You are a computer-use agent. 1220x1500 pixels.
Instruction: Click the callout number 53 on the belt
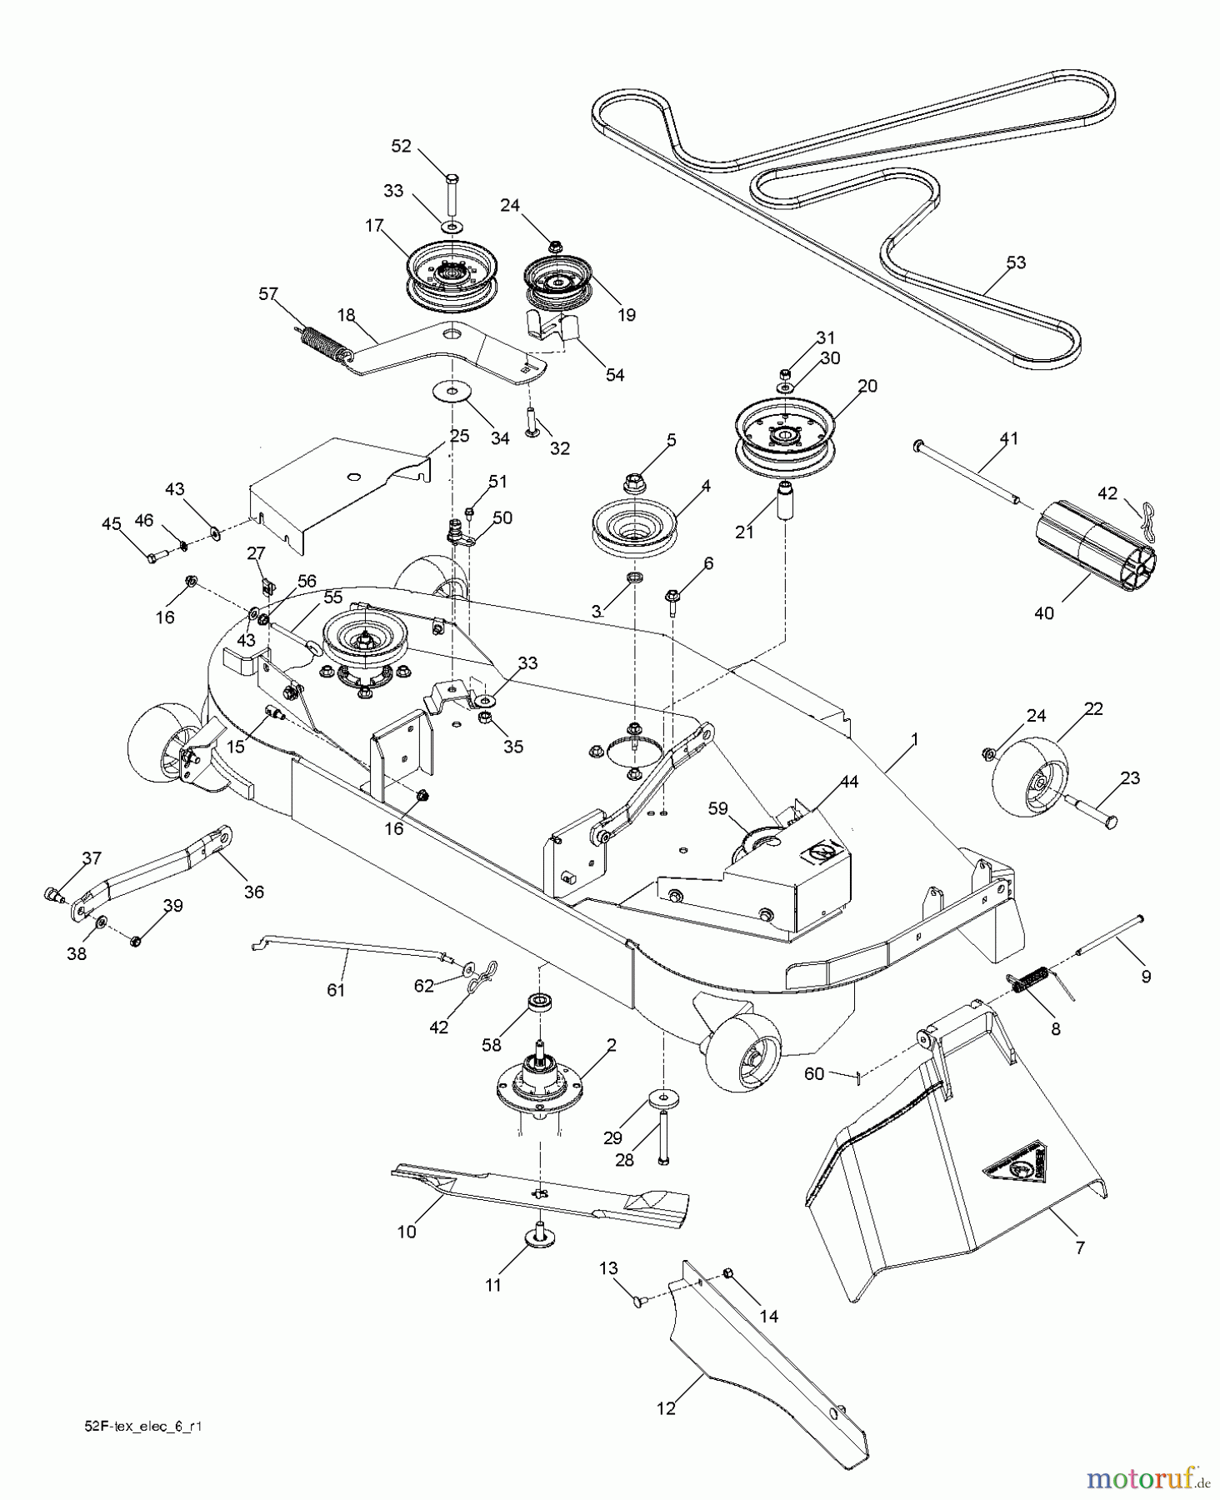pyautogui.click(x=1015, y=262)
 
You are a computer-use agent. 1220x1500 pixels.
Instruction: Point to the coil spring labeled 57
pyautogui.click(x=321, y=343)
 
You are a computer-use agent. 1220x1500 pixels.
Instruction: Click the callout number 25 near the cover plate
pyautogui.click(x=459, y=436)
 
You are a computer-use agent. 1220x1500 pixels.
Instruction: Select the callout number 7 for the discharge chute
pyautogui.click(x=1080, y=1247)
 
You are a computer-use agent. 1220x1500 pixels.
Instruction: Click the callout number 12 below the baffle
pyautogui.click(x=666, y=1407)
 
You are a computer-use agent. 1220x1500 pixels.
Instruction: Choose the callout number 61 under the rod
pyautogui.click(x=336, y=989)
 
